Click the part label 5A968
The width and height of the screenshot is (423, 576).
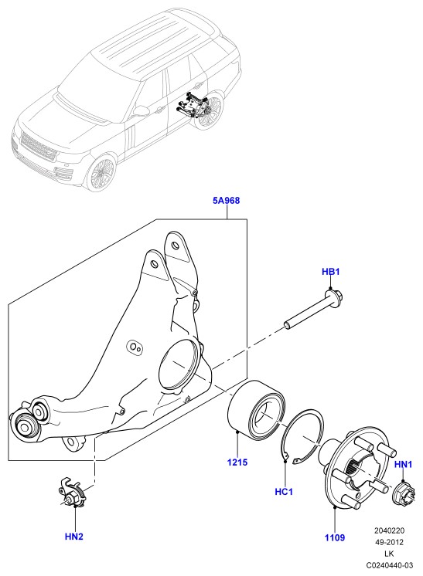227,201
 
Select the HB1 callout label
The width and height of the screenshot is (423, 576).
331,272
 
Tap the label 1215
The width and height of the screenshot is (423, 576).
237,462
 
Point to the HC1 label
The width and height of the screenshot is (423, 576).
284,492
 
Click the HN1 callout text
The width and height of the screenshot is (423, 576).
403,464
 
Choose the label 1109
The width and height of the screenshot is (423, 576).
335,538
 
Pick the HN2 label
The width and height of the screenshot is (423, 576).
74,537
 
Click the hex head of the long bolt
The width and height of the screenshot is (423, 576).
334,296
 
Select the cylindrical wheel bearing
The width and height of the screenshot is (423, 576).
256,406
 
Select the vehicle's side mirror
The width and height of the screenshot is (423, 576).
140,110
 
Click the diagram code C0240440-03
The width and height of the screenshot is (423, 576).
389,565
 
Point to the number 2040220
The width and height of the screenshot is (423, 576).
389,530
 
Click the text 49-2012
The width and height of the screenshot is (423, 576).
389,542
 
